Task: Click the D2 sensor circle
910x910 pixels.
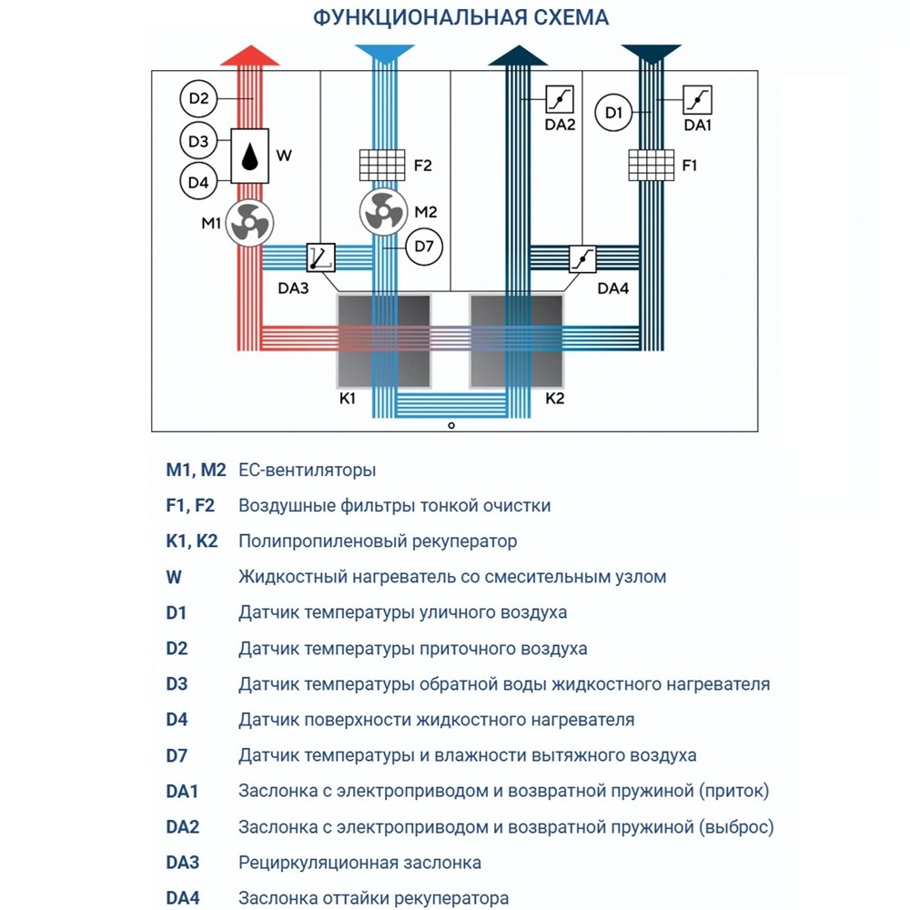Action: coord(199,98)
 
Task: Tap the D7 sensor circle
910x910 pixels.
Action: coord(421,247)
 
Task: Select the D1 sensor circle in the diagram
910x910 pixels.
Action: coord(612,114)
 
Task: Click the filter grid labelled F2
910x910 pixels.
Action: coord(383,166)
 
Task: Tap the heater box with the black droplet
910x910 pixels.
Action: coord(248,156)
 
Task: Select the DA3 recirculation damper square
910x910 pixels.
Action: coord(320,258)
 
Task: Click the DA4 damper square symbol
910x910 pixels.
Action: coord(582,258)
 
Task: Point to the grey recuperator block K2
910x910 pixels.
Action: coord(516,339)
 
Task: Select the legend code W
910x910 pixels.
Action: coord(174,577)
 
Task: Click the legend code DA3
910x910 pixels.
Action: coord(183,862)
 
